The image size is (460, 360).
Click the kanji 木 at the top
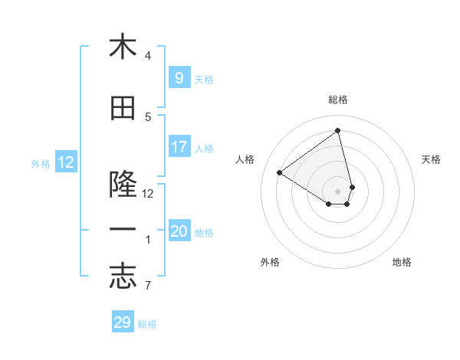tap(122, 47)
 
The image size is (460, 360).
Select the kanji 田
tap(122, 110)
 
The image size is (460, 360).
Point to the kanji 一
tap(122, 231)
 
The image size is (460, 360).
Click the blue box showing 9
tap(179, 78)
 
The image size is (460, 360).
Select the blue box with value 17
tap(179, 147)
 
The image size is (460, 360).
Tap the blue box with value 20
tap(179, 231)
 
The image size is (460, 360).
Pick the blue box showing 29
tap(123, 322)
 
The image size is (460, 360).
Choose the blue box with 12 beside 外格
tap(66, 162)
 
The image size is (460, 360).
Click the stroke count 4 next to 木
tap(148, 55)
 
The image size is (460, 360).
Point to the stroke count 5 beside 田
tap(148, 117)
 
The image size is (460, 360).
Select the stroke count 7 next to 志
tap(148, 286)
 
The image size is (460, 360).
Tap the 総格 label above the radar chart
tap(338, 100)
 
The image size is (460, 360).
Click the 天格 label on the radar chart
tap(432, 159)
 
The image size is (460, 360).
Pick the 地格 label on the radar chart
tap(402, 262)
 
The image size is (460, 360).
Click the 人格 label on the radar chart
tap(245, 159)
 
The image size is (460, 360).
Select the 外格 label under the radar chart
tap(270, 262)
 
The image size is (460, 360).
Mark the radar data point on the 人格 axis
tap(280, 173)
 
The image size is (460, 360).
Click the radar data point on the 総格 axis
tap(338, 130)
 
